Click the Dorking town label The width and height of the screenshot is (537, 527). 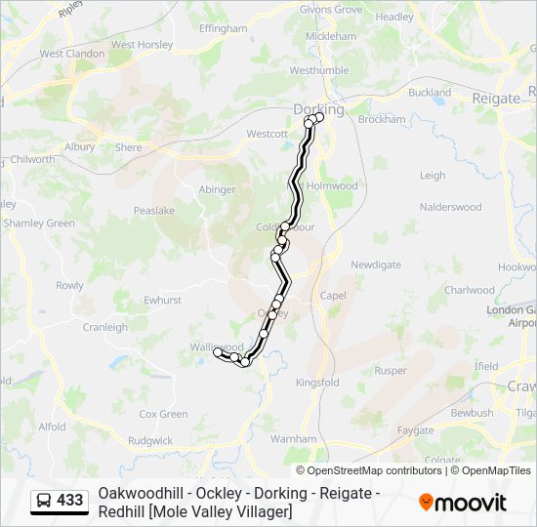pyautogui.click(x=319, y=109)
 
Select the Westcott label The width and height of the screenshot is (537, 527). pyautogui.click(x=267, y=134)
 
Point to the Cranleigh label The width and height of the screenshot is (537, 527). pyautogui.click(x=104, y=327)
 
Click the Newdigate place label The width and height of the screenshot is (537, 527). pyautogui.click(x=375, y=264)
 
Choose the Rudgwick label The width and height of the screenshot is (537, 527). pyautogui.click(x=149, y=441)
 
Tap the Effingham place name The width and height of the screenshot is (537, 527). pyautogui.click(x=224, y=29)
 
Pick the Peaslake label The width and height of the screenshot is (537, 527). pyautogui.click(x=154, y=210)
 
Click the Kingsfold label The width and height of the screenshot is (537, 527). pyautogui.click(x=316, y=383)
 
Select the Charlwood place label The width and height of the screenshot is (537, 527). pyautogui.click(x=470, y=290)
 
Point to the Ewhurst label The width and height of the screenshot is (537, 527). pyautogui.click(x=162, y=301)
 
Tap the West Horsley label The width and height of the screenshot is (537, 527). pyautogui.click(x=143, y=45)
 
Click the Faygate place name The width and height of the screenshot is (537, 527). pyautogui.click(x=415, y=429)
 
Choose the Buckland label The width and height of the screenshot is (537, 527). pyautogui.click(x=430, y=93)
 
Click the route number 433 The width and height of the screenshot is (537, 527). pyautogui.click(x=70, y=501)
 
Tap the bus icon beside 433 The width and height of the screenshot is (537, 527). pyautogui.click(x=44, y=501)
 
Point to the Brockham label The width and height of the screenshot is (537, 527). pyautogui.click(x=382, y=119)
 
